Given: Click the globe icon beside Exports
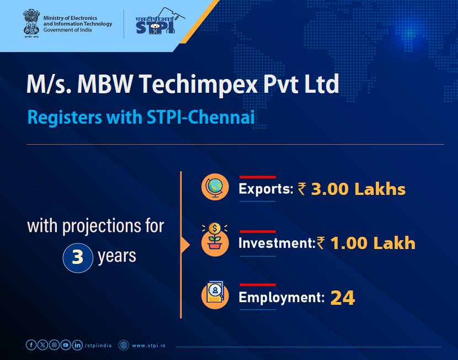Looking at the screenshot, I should tap(214, 188).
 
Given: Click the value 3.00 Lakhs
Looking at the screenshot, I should tap(358, 189).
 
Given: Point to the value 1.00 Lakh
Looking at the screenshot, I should tap(372, 243).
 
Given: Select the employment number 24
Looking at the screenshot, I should tap(342, 298).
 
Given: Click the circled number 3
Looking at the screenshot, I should tap(78, 258).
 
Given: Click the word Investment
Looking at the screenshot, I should tap(275, 243).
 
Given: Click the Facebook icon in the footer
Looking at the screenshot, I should tap(31, 345).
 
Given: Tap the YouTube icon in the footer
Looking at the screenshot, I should tap(66, 345).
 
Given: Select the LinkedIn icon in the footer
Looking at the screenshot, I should tap(77, 345).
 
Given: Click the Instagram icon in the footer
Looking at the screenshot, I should tap(54, 345).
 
